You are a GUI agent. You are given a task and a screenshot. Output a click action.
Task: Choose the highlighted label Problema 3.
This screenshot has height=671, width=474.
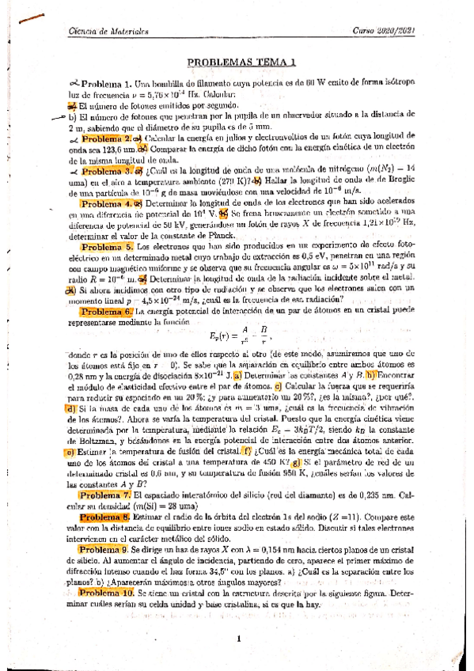[x=109, y=169]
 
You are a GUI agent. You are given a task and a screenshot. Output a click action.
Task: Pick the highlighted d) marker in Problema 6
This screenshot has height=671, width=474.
[x=70, y=408]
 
